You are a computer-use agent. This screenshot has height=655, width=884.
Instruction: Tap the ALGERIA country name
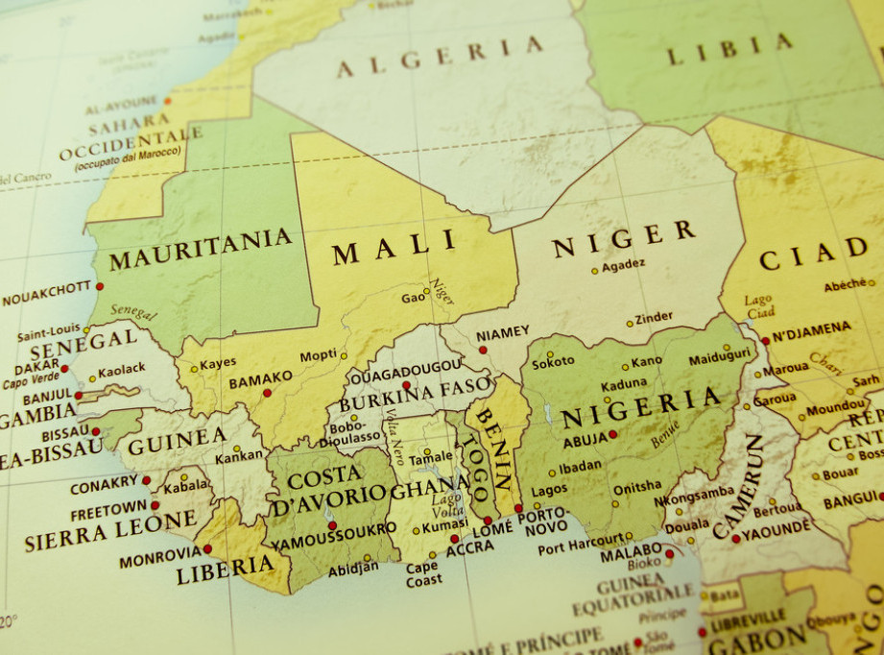[440, 57]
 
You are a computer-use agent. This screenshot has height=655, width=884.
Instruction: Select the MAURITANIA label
[200, 249]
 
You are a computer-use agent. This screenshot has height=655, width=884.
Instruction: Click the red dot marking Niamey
[483, 350]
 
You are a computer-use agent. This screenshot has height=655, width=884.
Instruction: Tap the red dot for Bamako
[267, 392]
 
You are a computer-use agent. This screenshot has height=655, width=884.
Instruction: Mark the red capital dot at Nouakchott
[99, 286]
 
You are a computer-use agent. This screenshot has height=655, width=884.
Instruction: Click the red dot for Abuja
[612, 434]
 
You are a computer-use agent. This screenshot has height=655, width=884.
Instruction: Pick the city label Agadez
[623, 264]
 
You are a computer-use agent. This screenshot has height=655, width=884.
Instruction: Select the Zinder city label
[655, 317]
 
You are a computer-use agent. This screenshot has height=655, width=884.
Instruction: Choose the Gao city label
[413, 298]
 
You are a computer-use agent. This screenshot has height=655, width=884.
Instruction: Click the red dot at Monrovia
[207, 548]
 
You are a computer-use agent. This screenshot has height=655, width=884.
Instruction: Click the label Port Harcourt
[578, 548]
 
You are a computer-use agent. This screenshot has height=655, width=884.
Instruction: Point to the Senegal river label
[133, 313]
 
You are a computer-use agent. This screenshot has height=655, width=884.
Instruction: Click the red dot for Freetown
[155, 504]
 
